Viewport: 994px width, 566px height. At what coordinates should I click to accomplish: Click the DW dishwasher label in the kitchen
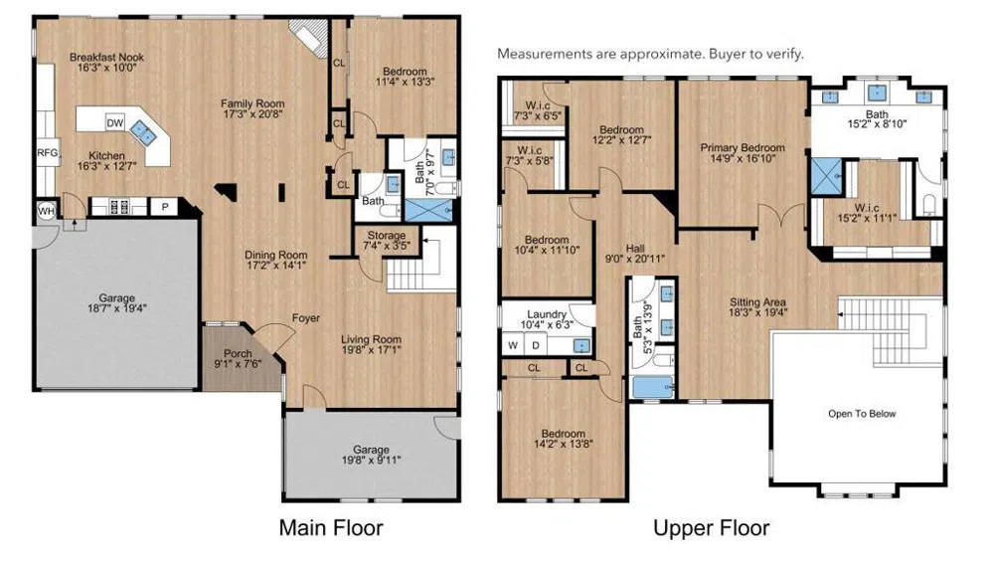pyautogui.click(x=114, y=123)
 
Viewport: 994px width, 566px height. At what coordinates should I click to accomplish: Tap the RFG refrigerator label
pyautogui.click(x=48, y=153)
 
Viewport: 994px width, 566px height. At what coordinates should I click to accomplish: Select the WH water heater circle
pyautogui.click(x=47, y=211)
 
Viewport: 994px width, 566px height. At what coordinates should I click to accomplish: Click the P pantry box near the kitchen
pyautogui.click(x=165, y=207)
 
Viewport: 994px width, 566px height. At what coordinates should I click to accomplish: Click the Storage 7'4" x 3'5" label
pyautogui.click(x=386, y=241)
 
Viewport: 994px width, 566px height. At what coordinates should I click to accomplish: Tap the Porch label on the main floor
pyautogui.click(x=238, y=353)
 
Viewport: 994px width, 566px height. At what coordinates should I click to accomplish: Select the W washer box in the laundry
pyautogui.click(x=513, y=346)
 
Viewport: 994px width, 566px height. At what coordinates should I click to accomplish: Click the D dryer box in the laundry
pyautogui.click(x=536, y=346)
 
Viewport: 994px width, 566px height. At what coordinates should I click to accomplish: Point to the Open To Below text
pyautogui.click(x=862, y=414)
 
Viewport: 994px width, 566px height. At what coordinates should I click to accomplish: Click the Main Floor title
pyautogui.click(x=331, y=528)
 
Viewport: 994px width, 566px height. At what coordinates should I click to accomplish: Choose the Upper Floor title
pyautogui.click(x=712, y=528)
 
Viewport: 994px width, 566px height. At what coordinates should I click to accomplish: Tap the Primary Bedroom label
pyautogui.click(x=743, y=148)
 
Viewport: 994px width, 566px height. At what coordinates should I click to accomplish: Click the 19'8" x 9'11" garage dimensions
pyautogui.click(x=372, y=460)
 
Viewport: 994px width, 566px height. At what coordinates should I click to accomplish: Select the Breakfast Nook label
pyautogui.click(x=106, y=57)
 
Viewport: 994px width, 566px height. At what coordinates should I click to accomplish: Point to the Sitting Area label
pyautogui.click(x=757, y=302)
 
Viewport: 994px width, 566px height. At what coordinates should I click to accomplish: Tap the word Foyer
pyautogui.click(x=305, y=318)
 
